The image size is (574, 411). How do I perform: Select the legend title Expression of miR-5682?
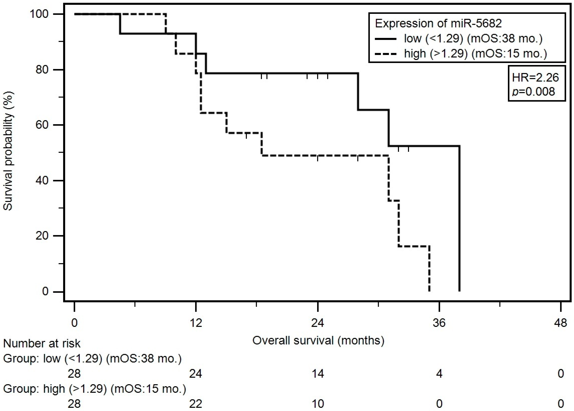click(438, 24)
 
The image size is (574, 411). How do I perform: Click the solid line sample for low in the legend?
click(386, 39)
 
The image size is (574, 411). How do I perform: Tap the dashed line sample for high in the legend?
click(386, 54)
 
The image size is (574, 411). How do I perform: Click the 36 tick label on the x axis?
click(439, 323)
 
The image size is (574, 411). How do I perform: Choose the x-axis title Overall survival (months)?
click(318, 341)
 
